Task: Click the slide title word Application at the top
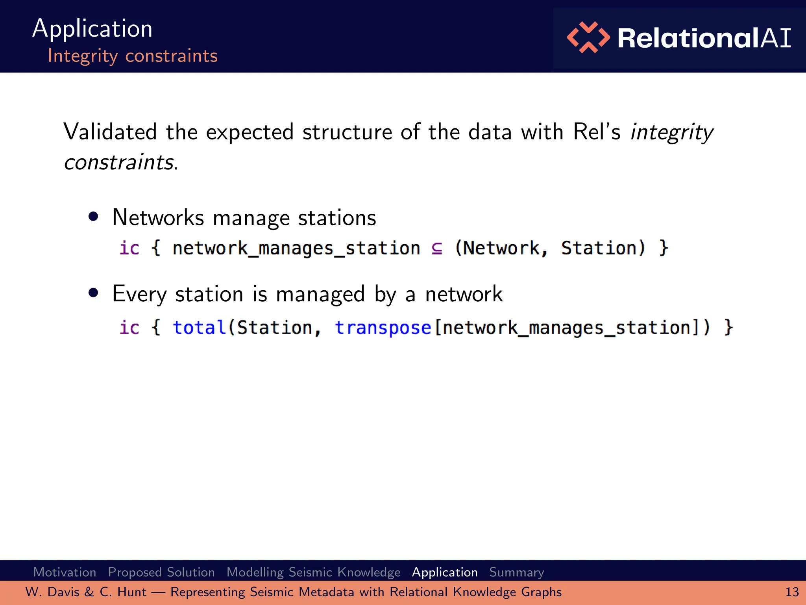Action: [92, 29]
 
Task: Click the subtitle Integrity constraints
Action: [132, 56]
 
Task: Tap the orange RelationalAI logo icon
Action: [588, 37]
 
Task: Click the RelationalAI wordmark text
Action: [704, 38]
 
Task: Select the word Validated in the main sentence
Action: [110, 132]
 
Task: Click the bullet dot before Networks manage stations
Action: [93, 216]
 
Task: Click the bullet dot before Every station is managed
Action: [93, 293]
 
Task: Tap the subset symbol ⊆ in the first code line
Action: [437, 248]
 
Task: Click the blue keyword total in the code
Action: [199, 327]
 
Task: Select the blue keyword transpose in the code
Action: [383, 327]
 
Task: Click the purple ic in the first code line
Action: [129, 248]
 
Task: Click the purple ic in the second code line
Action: [129, 327]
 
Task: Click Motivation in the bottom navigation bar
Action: [65, 572]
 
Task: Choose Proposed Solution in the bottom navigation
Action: [161, 572]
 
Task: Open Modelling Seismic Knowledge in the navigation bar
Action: [313, 572]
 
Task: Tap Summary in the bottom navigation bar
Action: [516, 572]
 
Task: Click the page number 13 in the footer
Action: [792, 592]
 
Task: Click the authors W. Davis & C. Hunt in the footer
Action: [86, 592]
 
